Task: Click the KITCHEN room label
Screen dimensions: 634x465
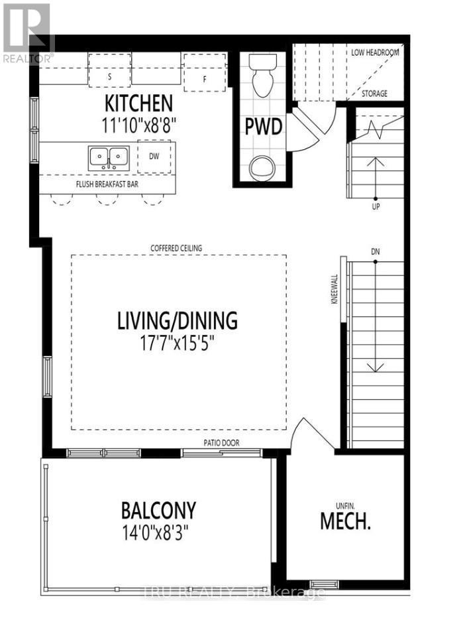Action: (x=138, y=103)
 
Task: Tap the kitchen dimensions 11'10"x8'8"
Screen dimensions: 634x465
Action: (x=138, y=124)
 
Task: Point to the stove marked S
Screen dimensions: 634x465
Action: (x=109, y=75)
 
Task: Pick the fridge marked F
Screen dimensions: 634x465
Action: (x=206, y=79)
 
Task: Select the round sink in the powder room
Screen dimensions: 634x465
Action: (x=261, y=168)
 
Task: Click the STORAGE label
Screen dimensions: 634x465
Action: (x=374, y=94)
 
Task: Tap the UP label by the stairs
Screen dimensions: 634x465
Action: (x=375, y=207)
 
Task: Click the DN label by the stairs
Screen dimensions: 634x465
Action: (x=375, y=251)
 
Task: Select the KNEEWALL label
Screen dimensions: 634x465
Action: (x=335, y=289)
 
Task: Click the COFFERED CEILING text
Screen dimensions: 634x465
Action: (x=176, y=248)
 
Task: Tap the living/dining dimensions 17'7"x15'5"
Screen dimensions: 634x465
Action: (x=176, y=344)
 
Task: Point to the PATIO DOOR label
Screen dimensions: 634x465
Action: (x=221, y=442)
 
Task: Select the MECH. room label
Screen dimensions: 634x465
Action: (x=344, y=521)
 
